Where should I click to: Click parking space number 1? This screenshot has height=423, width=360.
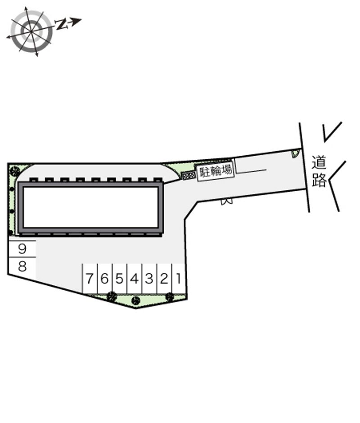coord(178,279)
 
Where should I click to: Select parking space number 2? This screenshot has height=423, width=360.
coord(164,279)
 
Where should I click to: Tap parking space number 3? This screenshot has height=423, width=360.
coord(149,279)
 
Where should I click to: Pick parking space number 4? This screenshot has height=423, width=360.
coord(135,279)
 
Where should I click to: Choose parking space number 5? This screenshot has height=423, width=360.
coord(120,279)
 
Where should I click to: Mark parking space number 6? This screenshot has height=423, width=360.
coord(105,279)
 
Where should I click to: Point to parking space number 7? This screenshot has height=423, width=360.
coord(90,279)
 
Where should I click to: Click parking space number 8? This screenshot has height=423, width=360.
coord(22,266)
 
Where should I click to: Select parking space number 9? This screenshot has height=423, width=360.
coord(22,249)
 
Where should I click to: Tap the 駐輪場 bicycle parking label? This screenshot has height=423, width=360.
coord(216,171)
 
